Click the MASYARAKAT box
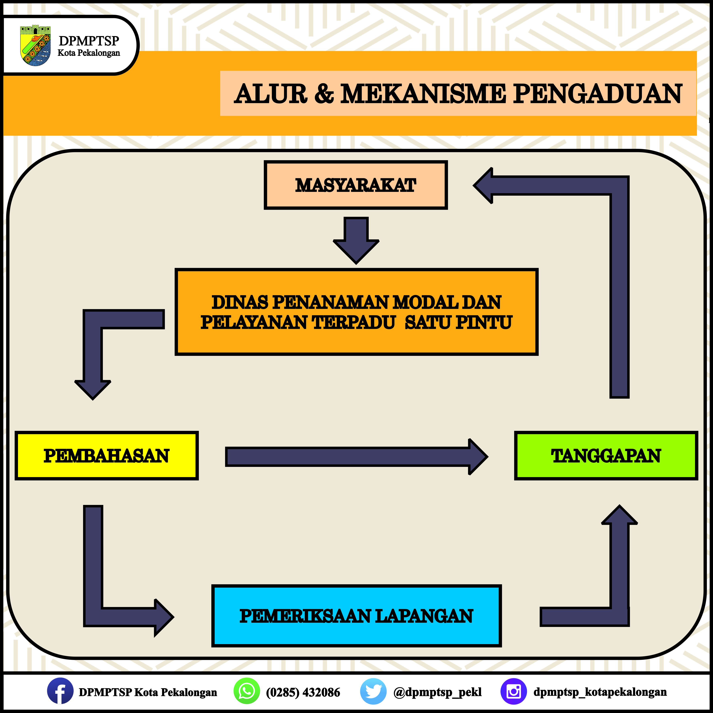[356, 185]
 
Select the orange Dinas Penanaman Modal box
[356, 312]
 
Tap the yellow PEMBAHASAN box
[107, 455]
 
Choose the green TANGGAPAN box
[606, 455]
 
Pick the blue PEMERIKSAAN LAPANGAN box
[356, 616]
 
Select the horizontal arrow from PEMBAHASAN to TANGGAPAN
[356, 456]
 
